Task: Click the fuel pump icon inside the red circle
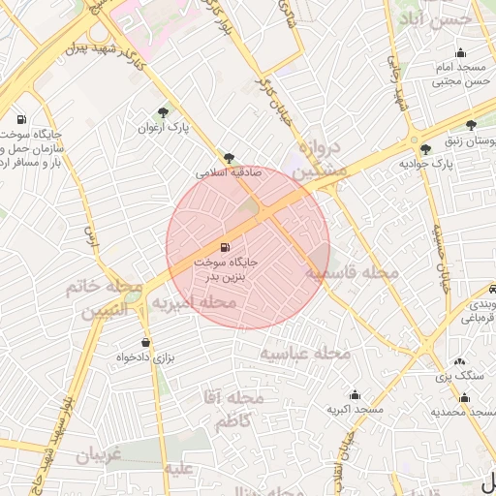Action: (x=226, y=248)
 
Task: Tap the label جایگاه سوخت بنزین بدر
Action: (x=226, y=268)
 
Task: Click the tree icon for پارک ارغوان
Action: (x=163, y=113)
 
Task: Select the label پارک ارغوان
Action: (x=161, y=128)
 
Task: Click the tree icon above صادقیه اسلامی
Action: (x=229, y=157)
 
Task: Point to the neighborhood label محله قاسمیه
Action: (x=353, y=273)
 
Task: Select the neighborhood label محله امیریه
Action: (x=193, y=303)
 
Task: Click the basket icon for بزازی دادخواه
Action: (x=146, y=342)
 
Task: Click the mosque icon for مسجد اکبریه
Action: (x=355, y=395)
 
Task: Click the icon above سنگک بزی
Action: (x=459, y=360)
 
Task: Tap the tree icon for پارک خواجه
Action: (x=426, y=149)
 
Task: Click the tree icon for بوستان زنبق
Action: (x=471, y=125)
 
